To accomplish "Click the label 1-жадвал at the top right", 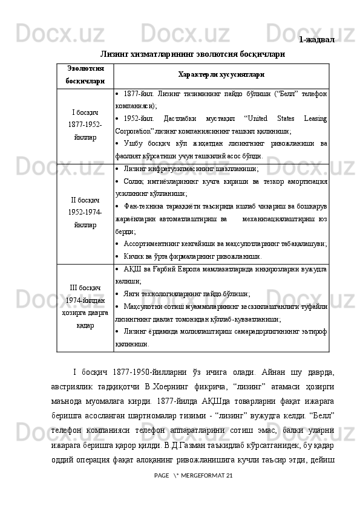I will (x=317, y=40).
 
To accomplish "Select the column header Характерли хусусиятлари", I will (x=220, y=74).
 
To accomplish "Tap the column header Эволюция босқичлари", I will (x=85, y=74).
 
